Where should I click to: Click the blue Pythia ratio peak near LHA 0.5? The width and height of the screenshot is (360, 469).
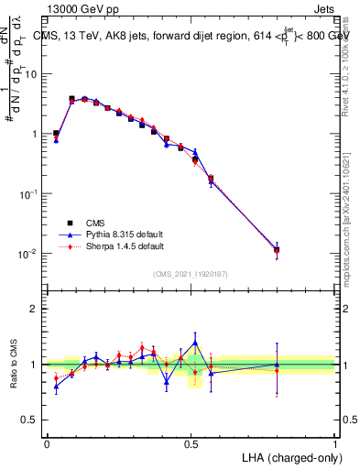tap(195, 343)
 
